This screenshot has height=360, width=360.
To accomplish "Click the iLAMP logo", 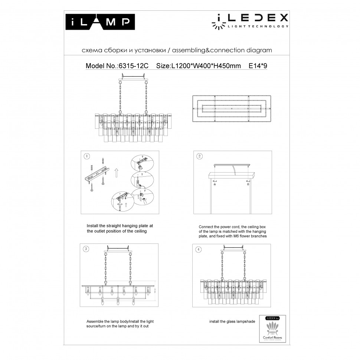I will [x=98, y=22].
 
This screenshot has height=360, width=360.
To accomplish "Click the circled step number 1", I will [x=87, y=156].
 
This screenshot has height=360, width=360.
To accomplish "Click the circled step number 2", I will [x=200, y=156].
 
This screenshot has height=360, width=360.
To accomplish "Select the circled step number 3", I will [x=86, y=249].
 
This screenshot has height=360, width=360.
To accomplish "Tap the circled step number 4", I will [x=199, y=249].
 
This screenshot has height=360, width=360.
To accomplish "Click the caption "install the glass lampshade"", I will [x=232, y=321].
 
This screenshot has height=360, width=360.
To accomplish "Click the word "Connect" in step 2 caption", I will [x=206, y=226].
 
